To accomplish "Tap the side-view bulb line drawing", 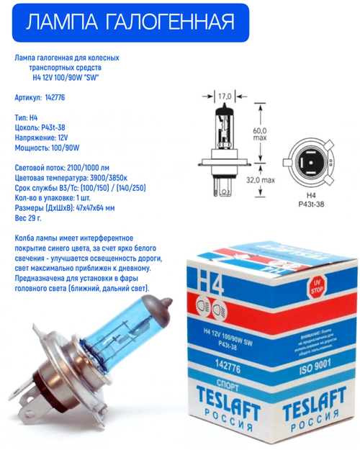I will tap(222, 144).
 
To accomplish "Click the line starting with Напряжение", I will tap(43, 135).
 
